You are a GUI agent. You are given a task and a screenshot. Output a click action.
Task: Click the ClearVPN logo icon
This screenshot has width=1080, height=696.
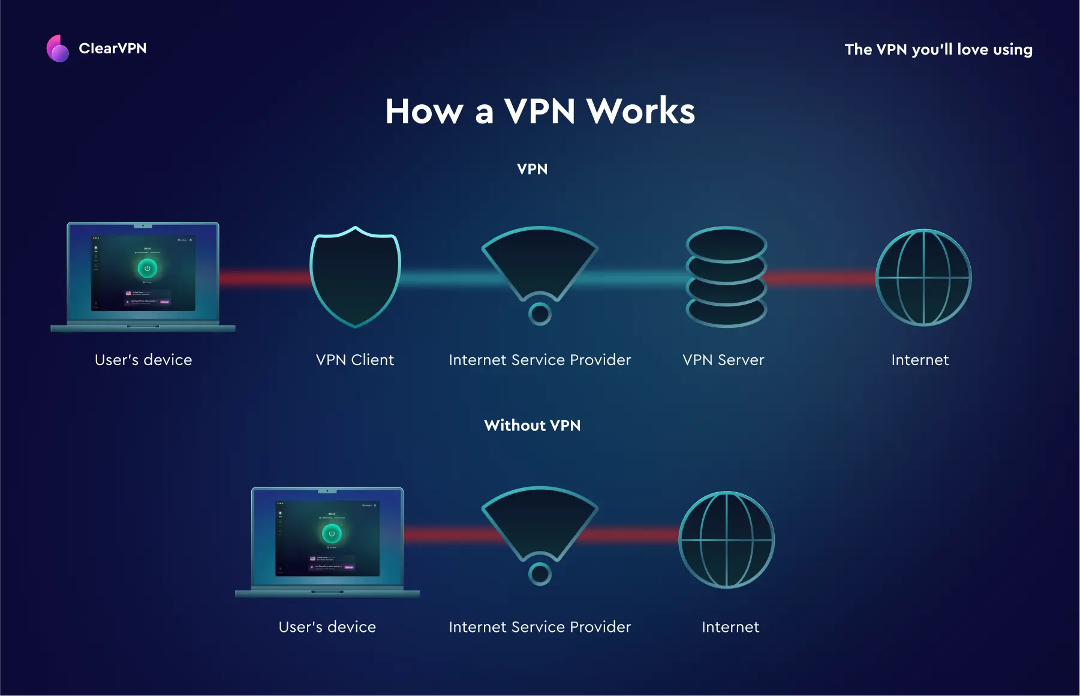[x=58, y=49]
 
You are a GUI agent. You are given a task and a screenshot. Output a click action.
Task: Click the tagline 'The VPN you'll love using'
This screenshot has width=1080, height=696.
[x=938, y=50]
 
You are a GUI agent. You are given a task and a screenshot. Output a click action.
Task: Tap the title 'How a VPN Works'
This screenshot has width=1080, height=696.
[x=540, y=112]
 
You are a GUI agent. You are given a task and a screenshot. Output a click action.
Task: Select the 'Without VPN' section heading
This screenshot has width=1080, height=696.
[x=532, y=426]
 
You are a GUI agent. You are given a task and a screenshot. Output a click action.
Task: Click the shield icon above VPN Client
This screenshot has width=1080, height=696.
[x=355, y=278]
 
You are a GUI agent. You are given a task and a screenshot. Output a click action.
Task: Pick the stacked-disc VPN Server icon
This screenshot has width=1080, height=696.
[x=726, y=277]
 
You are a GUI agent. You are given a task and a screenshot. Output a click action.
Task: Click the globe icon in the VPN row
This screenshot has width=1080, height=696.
[x=923, y=278]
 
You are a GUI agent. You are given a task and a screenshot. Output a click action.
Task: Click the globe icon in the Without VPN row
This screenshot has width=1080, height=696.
[x=726, y=540]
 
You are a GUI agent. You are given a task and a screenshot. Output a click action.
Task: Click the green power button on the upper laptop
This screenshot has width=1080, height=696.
[x=148, y=268]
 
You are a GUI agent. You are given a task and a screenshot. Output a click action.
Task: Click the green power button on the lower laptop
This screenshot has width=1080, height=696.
[x=332, y=533]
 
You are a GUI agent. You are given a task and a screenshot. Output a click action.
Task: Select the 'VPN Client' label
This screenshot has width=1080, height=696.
[x=355, y=360]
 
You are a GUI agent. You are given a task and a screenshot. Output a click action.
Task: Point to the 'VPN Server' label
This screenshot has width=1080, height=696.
[x=723, y=360]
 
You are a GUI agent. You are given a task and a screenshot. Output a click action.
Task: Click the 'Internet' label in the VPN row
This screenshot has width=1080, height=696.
[x=920, y=360]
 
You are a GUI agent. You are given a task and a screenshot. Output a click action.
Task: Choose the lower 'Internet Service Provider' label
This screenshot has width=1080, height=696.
[x=540, y=627]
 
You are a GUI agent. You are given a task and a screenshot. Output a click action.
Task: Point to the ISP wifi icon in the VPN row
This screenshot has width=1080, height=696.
[x=540, y=270]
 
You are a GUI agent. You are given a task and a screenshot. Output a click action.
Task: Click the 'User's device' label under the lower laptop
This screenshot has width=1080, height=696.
[x=327, y=627]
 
